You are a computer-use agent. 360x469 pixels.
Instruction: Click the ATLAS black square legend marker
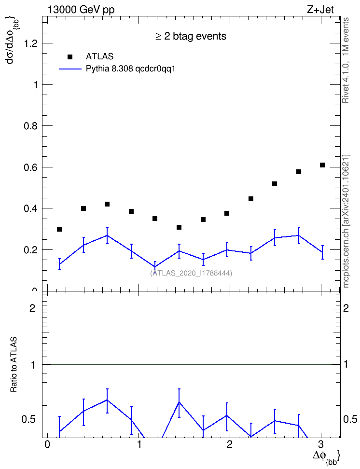[x=70, y=57]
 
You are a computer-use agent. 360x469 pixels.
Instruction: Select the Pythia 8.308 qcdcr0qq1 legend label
[x=130, y=69]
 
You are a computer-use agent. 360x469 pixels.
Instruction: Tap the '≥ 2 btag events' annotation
[x=191, y=36]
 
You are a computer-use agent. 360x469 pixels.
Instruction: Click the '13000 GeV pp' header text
[x=81, y=10]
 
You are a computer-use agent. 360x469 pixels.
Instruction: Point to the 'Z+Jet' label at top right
[x=320, y=10]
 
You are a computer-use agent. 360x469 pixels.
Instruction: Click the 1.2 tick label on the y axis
[x=30, y=44]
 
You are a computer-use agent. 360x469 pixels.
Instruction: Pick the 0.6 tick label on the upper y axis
[x=30, y=167]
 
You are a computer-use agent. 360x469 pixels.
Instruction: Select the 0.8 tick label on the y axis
[x=30, y=126]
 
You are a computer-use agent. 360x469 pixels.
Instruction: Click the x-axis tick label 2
[x=230, y=444]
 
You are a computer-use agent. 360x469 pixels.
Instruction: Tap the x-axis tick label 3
[x=321, y=444]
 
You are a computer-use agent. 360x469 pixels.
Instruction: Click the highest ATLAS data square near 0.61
[x=322, y=165]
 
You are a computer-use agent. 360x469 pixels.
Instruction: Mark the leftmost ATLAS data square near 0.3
[x=59, y=229]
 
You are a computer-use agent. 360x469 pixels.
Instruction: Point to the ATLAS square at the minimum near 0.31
[x=179, y=227]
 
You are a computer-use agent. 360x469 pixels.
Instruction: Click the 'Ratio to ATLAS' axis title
[x=14, y=364]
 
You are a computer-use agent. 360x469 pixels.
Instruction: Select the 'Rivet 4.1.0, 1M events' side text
[x=346, y=60]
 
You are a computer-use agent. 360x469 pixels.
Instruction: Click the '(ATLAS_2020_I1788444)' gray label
[x=191, y=273]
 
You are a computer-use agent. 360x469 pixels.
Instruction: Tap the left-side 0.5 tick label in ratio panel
[x=28, y=420]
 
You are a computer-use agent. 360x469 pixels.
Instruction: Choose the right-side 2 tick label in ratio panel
[x=346, y=308]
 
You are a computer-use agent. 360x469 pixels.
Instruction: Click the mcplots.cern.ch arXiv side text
[x=346, y=221]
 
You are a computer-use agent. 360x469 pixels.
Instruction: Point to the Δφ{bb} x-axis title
[x=326, y=456]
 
